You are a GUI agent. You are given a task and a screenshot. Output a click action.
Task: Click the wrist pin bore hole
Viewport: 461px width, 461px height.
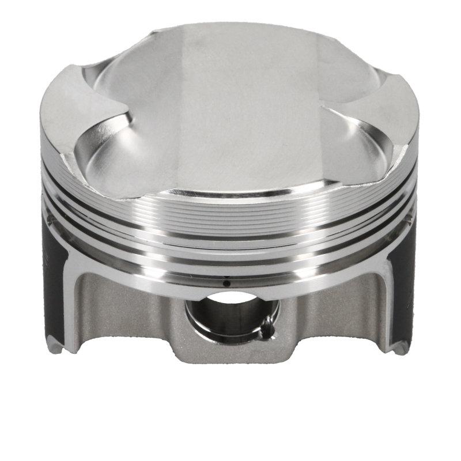pyautogui.click(x=229, y=314)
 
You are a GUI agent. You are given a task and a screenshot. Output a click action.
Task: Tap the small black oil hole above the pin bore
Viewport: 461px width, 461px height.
pyautogui.click(x=226, y=284)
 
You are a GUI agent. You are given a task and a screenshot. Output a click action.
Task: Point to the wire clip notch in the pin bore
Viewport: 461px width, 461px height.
pyautogui.click(x=267, y=330)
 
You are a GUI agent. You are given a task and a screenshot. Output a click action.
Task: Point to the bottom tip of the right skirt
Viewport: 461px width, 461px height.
pyautogui.click(x=400, y=349)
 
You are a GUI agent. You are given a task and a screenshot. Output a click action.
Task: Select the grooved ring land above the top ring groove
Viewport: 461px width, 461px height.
pyautogui.click(x=231, y=205)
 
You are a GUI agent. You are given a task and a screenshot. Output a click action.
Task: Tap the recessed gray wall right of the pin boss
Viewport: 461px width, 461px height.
pyautogui.click(x=334, y=311)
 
